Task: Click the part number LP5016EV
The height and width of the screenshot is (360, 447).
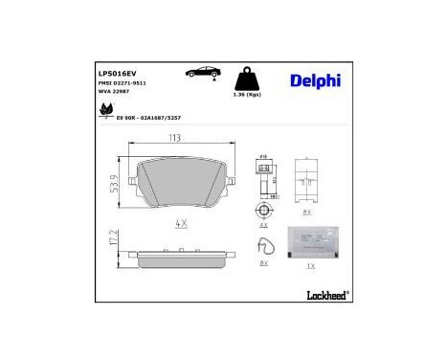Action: pos(119,72)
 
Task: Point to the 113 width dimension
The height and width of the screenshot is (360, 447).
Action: pos(174,138)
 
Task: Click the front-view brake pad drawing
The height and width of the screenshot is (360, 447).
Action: pos(179,184)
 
